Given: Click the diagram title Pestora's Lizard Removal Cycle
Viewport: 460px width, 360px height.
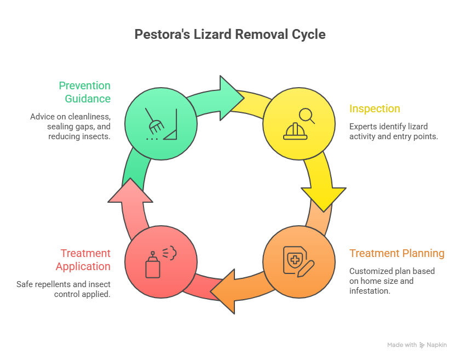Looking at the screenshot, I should [x=230, y=35].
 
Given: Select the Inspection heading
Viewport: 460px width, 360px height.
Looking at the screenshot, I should [x=375, y=108].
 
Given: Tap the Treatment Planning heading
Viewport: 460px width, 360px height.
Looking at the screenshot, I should [x=396, y=253].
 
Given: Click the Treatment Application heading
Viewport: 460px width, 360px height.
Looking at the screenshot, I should [x=83, y=260].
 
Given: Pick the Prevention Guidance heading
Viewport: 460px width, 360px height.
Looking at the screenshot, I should [x=85, y=92].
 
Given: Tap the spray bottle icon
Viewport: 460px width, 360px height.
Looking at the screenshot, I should [x=160, y=261].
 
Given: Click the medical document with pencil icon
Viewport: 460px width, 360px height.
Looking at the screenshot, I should [x=299, y=261].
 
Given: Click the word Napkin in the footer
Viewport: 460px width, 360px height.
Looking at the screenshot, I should [x=438, y=345].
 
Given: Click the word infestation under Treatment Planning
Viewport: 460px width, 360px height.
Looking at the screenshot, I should [x=369, y=291].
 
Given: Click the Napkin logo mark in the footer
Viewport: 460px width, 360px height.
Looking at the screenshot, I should [x=422, y=345].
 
